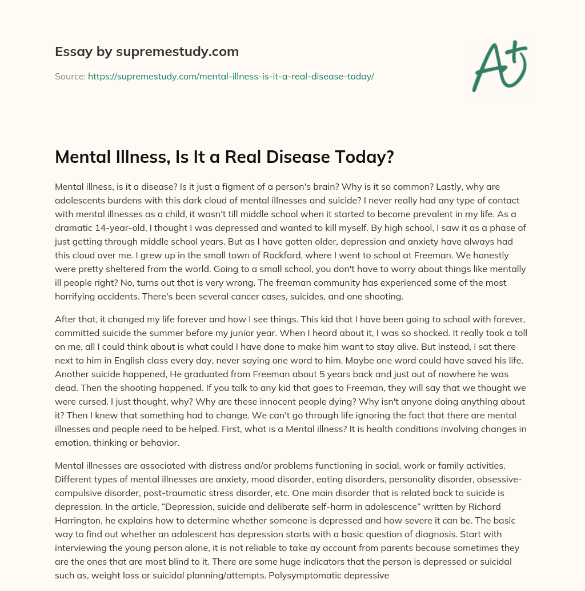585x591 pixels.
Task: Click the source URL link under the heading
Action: coord(231,76)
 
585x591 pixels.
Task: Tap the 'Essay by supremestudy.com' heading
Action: coord(147,52)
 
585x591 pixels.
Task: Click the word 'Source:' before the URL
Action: coord(70,76)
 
